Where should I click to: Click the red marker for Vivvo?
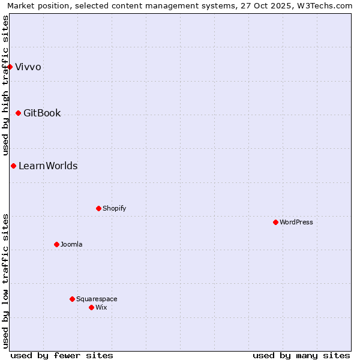coord(10,67)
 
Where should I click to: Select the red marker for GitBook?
coord(19,113)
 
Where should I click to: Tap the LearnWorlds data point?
coord(13,166)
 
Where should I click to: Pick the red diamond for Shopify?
coord(98,208)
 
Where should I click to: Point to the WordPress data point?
coord(275,222)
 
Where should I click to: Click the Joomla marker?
coord(56,244)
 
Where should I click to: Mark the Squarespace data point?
coord(72,299)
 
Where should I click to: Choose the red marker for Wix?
coord(91,307)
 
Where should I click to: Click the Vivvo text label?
coord(28,67)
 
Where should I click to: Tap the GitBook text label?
coord(42,113)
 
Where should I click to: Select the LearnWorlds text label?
coord(48,166)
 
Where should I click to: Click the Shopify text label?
coord(114,208)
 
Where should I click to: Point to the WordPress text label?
coord(296,222)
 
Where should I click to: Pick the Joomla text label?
coord(71,244)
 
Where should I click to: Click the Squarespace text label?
coord(97,299)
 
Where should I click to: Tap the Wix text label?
coord(101,307)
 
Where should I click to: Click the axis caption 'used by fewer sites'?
coord(62,355)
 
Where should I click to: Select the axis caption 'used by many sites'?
coord(301,355)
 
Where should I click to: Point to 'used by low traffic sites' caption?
coord(6,280)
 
